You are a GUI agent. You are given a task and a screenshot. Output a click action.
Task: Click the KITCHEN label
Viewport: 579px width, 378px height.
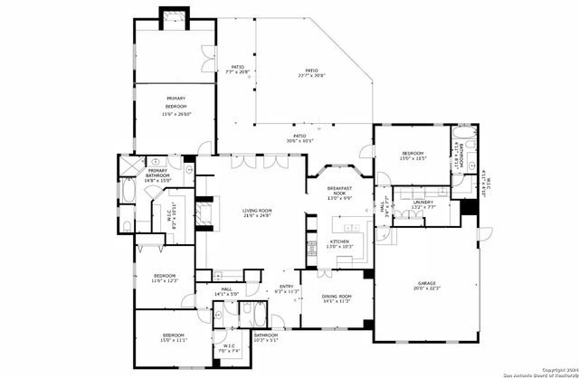point(339,241)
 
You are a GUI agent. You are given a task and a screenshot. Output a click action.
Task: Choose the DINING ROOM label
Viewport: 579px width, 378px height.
point(337,297)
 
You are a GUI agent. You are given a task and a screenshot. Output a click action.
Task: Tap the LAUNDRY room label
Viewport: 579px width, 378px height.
point(423,202)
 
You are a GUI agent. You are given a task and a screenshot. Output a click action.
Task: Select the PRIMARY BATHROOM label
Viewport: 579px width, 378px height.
point(157,171)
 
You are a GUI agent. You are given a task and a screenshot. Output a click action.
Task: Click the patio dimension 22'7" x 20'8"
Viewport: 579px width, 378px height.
point(311,76)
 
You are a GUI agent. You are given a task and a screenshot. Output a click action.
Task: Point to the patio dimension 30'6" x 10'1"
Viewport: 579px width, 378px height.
point(299,141)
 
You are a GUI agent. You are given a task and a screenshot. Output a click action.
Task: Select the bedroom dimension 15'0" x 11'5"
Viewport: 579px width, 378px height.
point(413,159)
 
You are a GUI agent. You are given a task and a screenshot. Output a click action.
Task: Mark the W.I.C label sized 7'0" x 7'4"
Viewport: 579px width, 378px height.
point(228,350)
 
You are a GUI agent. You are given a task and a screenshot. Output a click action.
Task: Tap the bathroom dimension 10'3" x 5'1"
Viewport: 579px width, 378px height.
point(266,340)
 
